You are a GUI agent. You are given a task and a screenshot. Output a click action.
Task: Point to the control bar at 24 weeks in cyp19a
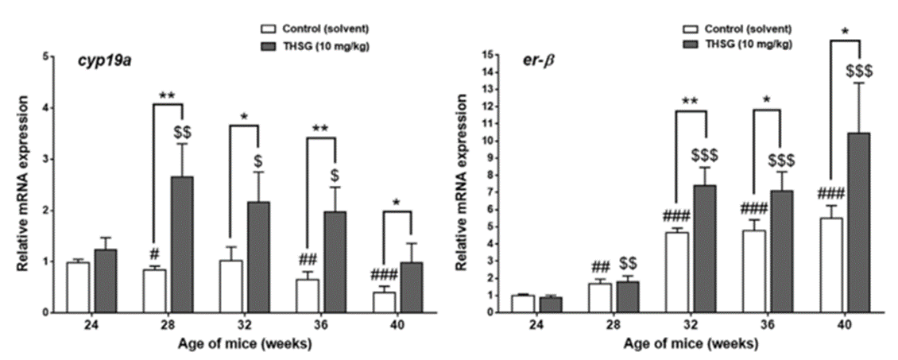78,287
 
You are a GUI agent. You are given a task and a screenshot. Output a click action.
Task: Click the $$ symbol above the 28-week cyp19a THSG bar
182,130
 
